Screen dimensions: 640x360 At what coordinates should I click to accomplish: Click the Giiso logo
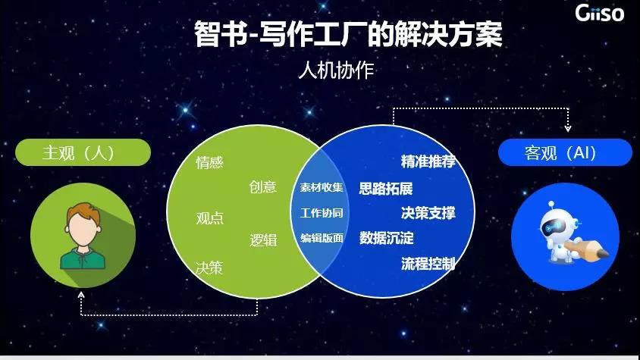pyautogui.click(x=599, y=13)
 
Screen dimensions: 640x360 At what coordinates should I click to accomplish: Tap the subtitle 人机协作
pyautogui.click(x=337, y=70)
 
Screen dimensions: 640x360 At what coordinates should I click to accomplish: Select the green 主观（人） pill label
pyautogui.click(x=83, y=152)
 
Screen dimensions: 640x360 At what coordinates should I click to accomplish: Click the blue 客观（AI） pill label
pyautogui.click(x=565, y=152)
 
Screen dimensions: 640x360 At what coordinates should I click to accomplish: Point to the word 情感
pyautogui.click(x=209, y=162)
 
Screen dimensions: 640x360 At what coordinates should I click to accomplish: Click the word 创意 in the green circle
pyautogui.click(x=263, y=187)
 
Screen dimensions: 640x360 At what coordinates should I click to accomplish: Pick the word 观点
pyautogui.click(x=210, y=218)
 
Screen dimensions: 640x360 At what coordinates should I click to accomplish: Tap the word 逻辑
pyautogui.click(x=263, y=240)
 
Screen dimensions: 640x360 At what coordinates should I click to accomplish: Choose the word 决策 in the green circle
pyautogui.click(x=209, y=268)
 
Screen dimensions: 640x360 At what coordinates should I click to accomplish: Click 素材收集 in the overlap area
pyautogui.click(x=322, y=187)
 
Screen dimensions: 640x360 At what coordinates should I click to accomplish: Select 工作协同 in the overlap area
pyautogui.click(x=322, y=213)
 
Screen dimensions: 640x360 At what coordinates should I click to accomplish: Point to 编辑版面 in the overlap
pyautogui.click(x=322, y=238)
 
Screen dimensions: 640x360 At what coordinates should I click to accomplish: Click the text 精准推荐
pyautogui.click(x=428, y=161)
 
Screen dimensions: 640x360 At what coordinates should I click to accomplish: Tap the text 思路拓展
pyautogui.click(x=386, y=188)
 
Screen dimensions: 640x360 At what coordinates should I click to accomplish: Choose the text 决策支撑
pyautogui.click(x=428, y=213)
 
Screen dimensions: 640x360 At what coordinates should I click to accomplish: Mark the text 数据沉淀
pyautogui.click(x=386, y=237)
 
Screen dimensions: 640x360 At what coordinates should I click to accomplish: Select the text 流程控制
pyautogui.click(x=428, y=264)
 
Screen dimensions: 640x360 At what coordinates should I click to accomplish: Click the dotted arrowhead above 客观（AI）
pyautogui.click(x=568, y=128)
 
